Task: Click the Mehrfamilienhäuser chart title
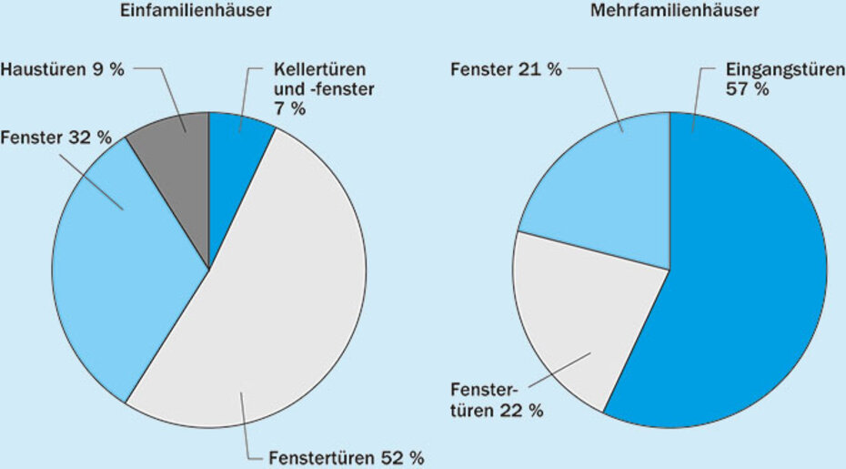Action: (674, 11)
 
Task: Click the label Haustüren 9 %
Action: (62, 70)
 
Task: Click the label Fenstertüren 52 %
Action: (347, 456)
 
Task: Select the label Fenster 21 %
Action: (506, 70)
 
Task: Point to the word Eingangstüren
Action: (780, 71)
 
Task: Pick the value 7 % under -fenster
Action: (289, 108)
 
